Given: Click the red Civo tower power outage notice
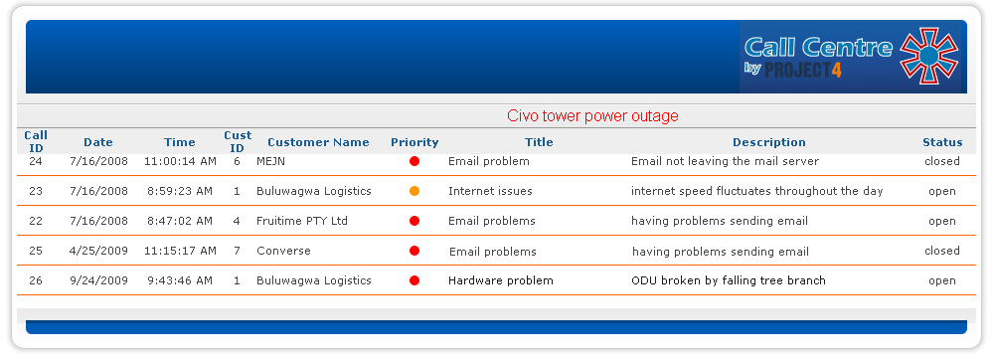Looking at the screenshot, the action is pyautogui.click(x=592, y=116).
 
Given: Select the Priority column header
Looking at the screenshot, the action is pyautogui.click(x=414, y=142).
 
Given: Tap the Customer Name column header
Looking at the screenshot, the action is pyautogui.click(x=318, y=142).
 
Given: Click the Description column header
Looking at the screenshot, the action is pyautogui.click(x=768, y=142).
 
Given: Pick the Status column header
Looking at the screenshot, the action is pyautogui.click(x=942, y=142).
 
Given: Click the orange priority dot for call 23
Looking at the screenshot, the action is pyautogui.click(x=414, y=191).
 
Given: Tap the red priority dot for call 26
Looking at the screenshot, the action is pyautogui.click(x=414, y=280).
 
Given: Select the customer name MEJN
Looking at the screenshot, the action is pyautogui.click(x=270, y=162).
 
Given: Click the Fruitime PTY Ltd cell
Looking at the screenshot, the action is pyautogui.click(x=302, y=221).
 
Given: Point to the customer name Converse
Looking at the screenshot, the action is pyautogui.click(x=283, y=251).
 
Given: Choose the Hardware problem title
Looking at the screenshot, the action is pyautogui.click(x=500, y=280).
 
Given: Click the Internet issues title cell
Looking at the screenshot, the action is pyautogui.click(x=490, y=191).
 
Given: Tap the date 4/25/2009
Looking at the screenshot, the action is pyautogui.click(x=98, y=251).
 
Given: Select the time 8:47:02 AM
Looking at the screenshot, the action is pyautogui.click(x=180, y=221).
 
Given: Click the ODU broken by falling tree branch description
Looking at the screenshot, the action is pyautogui.click(x=729, y=280).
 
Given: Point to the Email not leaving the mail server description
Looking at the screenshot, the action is pyautogui.click(x=725, y=162).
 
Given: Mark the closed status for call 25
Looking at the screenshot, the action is pyautogui.click(x=941, y=251).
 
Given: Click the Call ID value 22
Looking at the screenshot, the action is pyautogui.click(x=36, y=221).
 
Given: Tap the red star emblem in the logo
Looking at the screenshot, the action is pyautogui.click(x=929, y=57).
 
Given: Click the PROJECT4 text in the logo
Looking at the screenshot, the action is pyautogui.click(x=803, y=70).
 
